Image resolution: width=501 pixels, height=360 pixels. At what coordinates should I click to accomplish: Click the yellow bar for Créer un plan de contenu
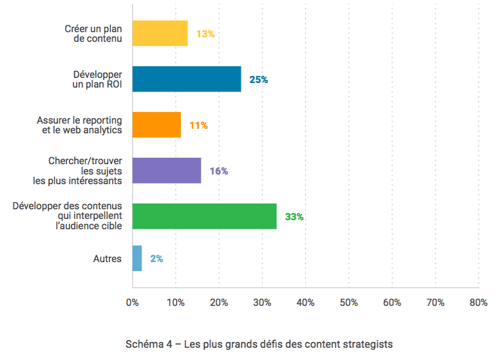pos(160,33)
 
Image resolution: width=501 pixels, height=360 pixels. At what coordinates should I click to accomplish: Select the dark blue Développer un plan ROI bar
pos(186,79)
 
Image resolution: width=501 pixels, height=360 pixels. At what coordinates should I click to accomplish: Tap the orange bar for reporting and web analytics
pos(156,125)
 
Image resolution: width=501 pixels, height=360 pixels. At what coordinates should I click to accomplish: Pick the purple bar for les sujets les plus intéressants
pos(166,171)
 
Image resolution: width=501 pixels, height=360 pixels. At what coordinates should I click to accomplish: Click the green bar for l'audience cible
pos(204,216)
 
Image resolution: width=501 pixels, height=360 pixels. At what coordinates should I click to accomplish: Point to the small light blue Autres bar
pos(137,258)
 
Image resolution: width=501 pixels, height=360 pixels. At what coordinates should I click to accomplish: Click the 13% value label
pos(205,33)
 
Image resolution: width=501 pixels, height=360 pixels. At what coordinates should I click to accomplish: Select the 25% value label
pos(259,80)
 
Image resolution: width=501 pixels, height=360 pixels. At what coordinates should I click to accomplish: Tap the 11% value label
pos(198,126)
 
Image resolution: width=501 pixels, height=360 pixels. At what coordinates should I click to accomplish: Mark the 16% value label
pos(219,171)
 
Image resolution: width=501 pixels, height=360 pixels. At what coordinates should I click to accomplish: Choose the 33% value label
pos(294,217)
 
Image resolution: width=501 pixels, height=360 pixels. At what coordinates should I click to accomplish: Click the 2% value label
pos(156,258)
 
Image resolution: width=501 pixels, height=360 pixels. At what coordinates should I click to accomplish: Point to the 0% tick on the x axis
pos(132,302)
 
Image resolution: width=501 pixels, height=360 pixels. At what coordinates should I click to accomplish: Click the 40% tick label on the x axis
pos(305,302)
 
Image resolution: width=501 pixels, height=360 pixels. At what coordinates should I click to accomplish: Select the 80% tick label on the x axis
pos(478,302)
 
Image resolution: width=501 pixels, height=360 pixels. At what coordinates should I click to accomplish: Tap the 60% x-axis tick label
pos(392,302)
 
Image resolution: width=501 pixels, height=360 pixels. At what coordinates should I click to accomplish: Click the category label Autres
pos(108,259)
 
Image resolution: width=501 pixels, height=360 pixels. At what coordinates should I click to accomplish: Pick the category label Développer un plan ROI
pos(97,80)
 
